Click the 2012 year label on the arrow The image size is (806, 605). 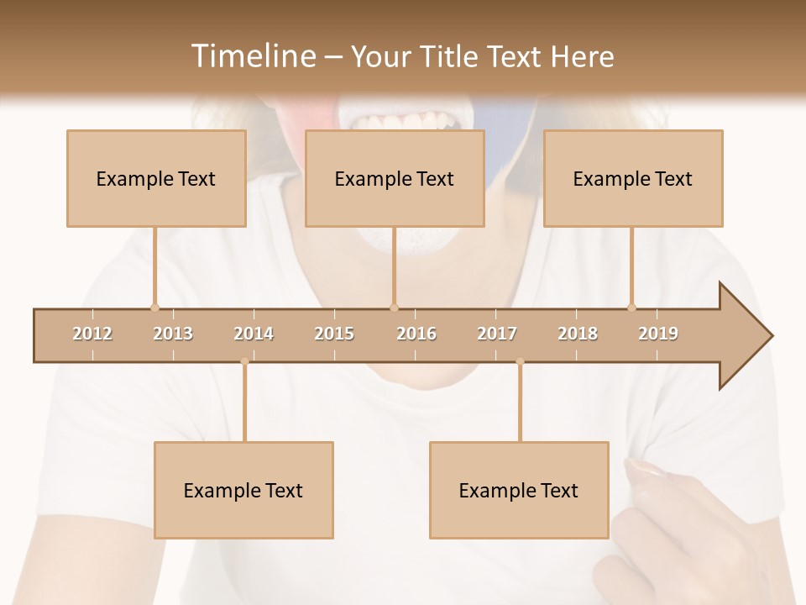click(92, 334)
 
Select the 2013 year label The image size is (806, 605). click(173, 334)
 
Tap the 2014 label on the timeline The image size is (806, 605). click(254, 334)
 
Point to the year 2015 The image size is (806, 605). click(334, 334)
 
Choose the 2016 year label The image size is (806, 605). click(416, 334)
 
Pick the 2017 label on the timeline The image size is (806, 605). click(497, 334)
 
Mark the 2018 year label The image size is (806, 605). click(578, 334)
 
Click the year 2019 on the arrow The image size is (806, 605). click(658, 334)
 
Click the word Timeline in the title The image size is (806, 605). click(252, 56)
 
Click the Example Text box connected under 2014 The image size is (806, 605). click(243, 490)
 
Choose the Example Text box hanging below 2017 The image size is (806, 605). click(519, 490)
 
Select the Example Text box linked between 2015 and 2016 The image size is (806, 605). click(395, 178)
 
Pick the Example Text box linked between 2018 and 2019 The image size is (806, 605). click(633, 178)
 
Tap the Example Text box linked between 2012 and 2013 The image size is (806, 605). click(156, 178)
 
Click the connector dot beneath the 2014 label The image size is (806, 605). click(244, 361)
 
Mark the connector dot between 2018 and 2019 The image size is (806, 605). click(631, 308)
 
